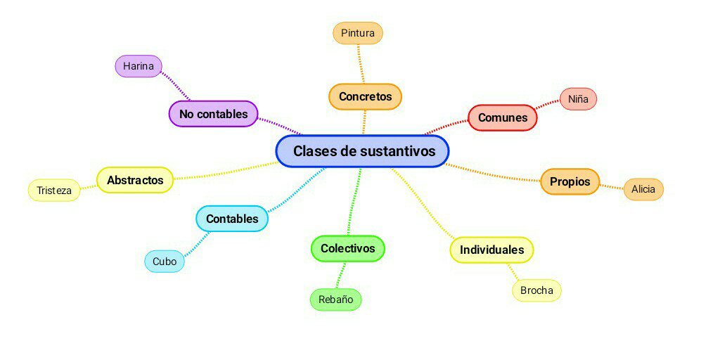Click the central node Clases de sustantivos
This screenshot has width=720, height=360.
[x=362, y=151]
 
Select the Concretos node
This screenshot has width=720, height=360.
[x=365, y=96]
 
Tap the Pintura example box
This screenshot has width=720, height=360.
[x=358, y=33]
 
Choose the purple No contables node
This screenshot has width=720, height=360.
[x=213, y=113]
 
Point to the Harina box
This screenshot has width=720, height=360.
[x=139, y=66]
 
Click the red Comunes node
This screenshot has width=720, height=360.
[x=503, y=117]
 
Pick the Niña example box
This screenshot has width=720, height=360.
[x=578, y=99]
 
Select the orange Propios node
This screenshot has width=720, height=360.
[x=570, y=181]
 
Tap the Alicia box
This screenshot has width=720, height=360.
[x=643, y=189]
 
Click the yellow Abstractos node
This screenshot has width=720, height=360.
[x=135, y=180]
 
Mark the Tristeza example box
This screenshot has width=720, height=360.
[x=54, y=191]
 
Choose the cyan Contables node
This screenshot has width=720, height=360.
[x=232, y=219]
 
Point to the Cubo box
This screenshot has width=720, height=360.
[x=165, y=262]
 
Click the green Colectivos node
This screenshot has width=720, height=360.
[x=348, y=248]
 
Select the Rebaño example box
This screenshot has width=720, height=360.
[x=335, y=300]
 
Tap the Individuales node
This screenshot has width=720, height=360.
[x=491, y=250]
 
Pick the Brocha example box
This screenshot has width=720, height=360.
[x=536, y=290]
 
